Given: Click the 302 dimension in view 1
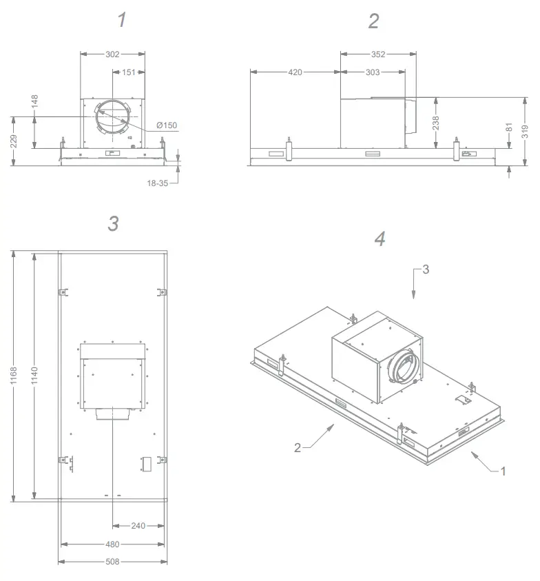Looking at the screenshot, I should pyautogui.click(x=113, y=54).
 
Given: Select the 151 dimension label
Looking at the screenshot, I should pyautogui.click(x=128, y=73).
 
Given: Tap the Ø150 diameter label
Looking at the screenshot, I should pyautogui.click(x=166, y=125).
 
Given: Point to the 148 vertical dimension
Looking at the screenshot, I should pyautogui.click(x=34, y=102).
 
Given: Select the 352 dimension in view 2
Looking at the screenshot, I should pyautogui.click(x=377, y=54).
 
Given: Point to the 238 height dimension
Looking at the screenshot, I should pyautogui.click(x=436, y=123).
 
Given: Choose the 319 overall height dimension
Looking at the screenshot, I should pyautogui.click(x=525, y=132).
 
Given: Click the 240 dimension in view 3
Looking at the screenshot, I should pyautogui.click(x=138, y=526).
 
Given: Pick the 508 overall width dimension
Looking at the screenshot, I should pyautogui.click(x=112, y=562).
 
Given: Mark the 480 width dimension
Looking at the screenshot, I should pyautogui.click(x=112, y=544).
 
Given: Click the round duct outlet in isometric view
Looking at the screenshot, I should pyautogui.click(x=402, y=369).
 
